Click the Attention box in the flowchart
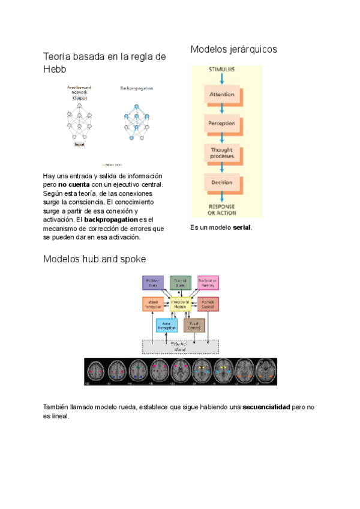[222, 95]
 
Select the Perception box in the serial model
[222, 124]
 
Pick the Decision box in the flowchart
[222, 182]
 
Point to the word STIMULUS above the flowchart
[221, 70]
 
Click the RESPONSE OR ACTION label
[222, 209]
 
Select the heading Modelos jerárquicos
[233, 49]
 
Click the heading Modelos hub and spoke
[94, 259]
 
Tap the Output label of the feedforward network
[80, 98]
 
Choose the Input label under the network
[79, 145]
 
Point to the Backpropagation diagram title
[136, 88]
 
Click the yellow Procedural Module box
[181, 304]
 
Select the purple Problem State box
[153, 283]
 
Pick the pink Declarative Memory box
[208, 283]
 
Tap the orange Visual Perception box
[153, 304]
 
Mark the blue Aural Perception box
[167, 326]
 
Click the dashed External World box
[180, 346]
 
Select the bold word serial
[242, 227]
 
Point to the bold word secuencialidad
[266, 407]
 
